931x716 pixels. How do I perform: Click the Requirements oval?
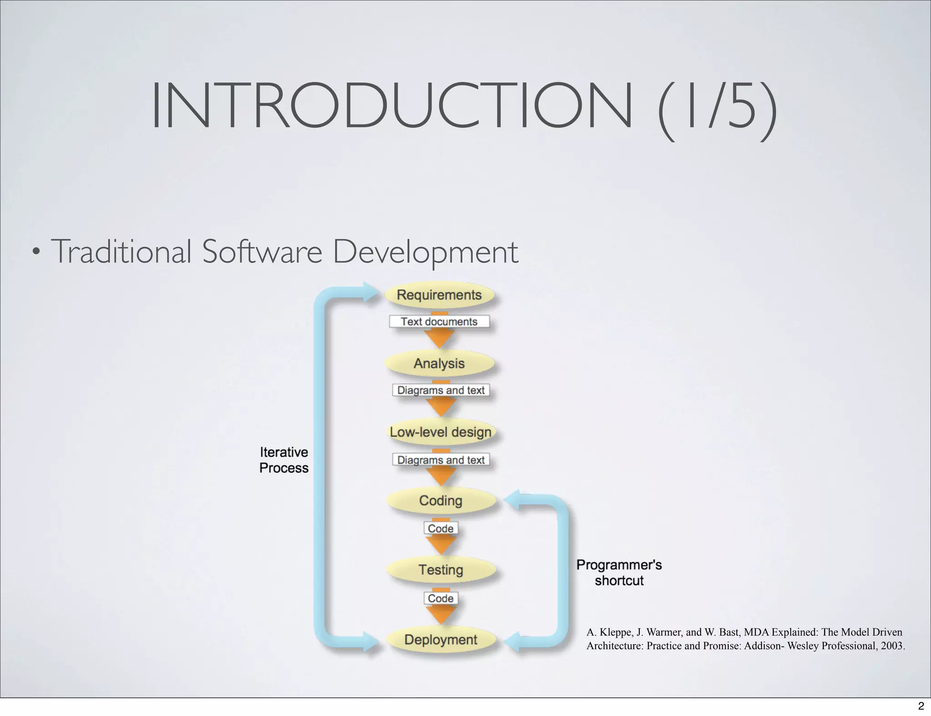point(439,295)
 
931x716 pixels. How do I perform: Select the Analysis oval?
point(439,363)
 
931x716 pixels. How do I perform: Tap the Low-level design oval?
point(440,432)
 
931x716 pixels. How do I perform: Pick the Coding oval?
point(440,500)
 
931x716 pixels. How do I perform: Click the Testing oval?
point(440,569)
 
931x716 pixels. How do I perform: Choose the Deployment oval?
point(440,639)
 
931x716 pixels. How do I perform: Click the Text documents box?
point(439,322)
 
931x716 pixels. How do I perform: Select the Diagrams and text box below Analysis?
point(440,390)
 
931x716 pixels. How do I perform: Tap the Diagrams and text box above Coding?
point(440,460)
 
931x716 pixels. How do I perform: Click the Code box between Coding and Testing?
point(440,528)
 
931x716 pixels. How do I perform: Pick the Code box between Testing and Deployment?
point(440,598)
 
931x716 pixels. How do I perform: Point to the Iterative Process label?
point(284,460)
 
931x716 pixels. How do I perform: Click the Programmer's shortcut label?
point(619,572)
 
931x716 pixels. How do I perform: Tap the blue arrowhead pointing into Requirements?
point(370,291)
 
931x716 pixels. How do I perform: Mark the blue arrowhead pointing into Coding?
point(512,501)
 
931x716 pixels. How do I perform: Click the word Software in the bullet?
point(262,252)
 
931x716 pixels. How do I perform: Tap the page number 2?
point(921,706)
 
